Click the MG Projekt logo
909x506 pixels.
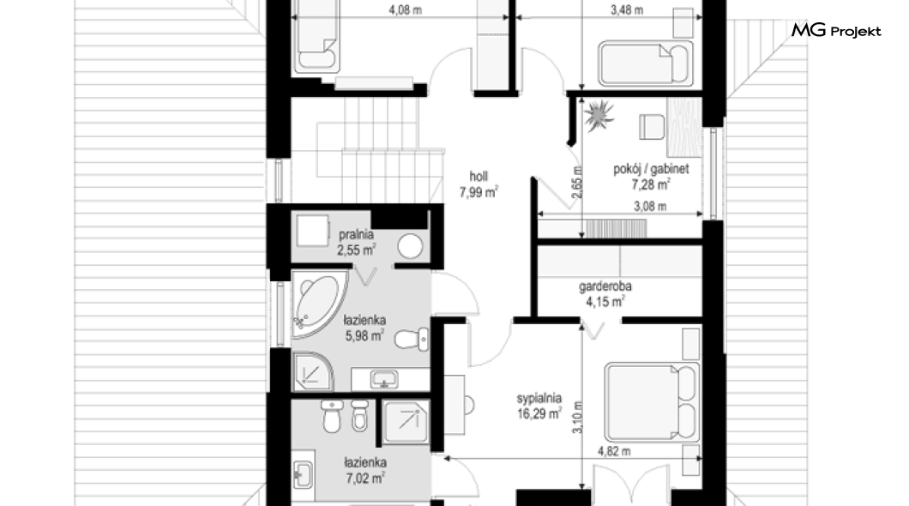pos(836,30)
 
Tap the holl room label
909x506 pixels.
pos(479,176)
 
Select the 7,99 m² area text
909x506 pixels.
pos(479,192)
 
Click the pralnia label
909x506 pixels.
pos(356,235)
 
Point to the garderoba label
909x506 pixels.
pos(605,286)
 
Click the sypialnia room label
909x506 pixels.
pos(539,398)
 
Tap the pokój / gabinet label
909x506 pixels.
pos(651,169)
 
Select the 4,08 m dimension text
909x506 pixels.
pos(406,9)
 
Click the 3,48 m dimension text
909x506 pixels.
pos(627,9)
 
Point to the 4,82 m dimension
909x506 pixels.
pos(615,451)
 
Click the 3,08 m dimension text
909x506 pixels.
pos(650,206)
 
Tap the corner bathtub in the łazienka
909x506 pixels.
pos(318,304)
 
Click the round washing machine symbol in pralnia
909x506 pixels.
pos(410,246)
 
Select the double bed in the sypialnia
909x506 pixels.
pos(650,402)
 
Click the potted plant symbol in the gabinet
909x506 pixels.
pos(599,116)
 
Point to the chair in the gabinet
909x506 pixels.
pos(652,127)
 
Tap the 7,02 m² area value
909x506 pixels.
pos(365,479)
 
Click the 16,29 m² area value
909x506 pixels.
pos(539,414)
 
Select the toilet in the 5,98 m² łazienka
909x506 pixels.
pos(411,339)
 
